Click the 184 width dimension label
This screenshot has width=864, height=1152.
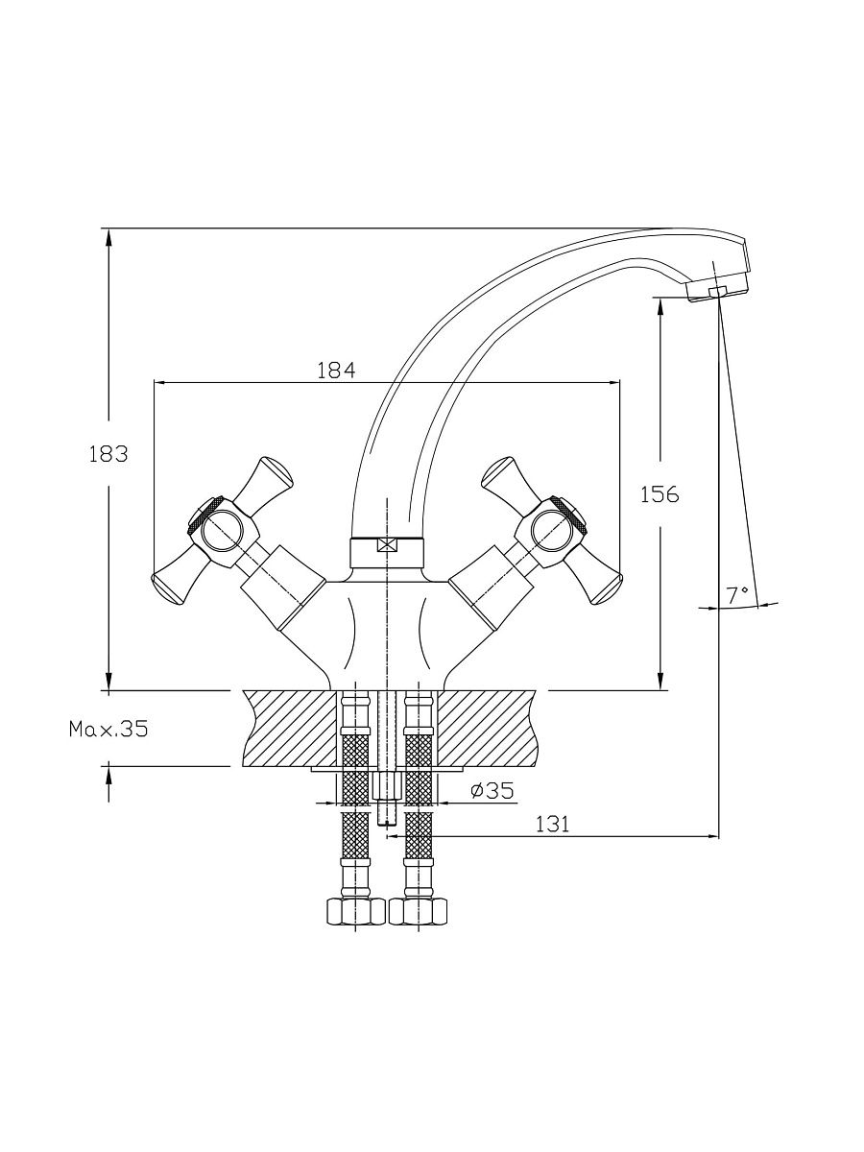336,371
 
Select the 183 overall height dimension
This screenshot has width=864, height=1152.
108,453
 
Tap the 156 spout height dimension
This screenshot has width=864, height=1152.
660,493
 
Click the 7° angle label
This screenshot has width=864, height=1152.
737,595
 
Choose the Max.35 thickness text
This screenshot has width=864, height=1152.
108,729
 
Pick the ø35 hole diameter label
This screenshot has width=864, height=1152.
492,790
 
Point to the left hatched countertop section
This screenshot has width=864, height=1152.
290,729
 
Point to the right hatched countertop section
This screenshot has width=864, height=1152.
488,729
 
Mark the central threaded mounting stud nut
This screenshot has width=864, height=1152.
387,786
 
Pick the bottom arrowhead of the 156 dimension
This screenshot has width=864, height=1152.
660,682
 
